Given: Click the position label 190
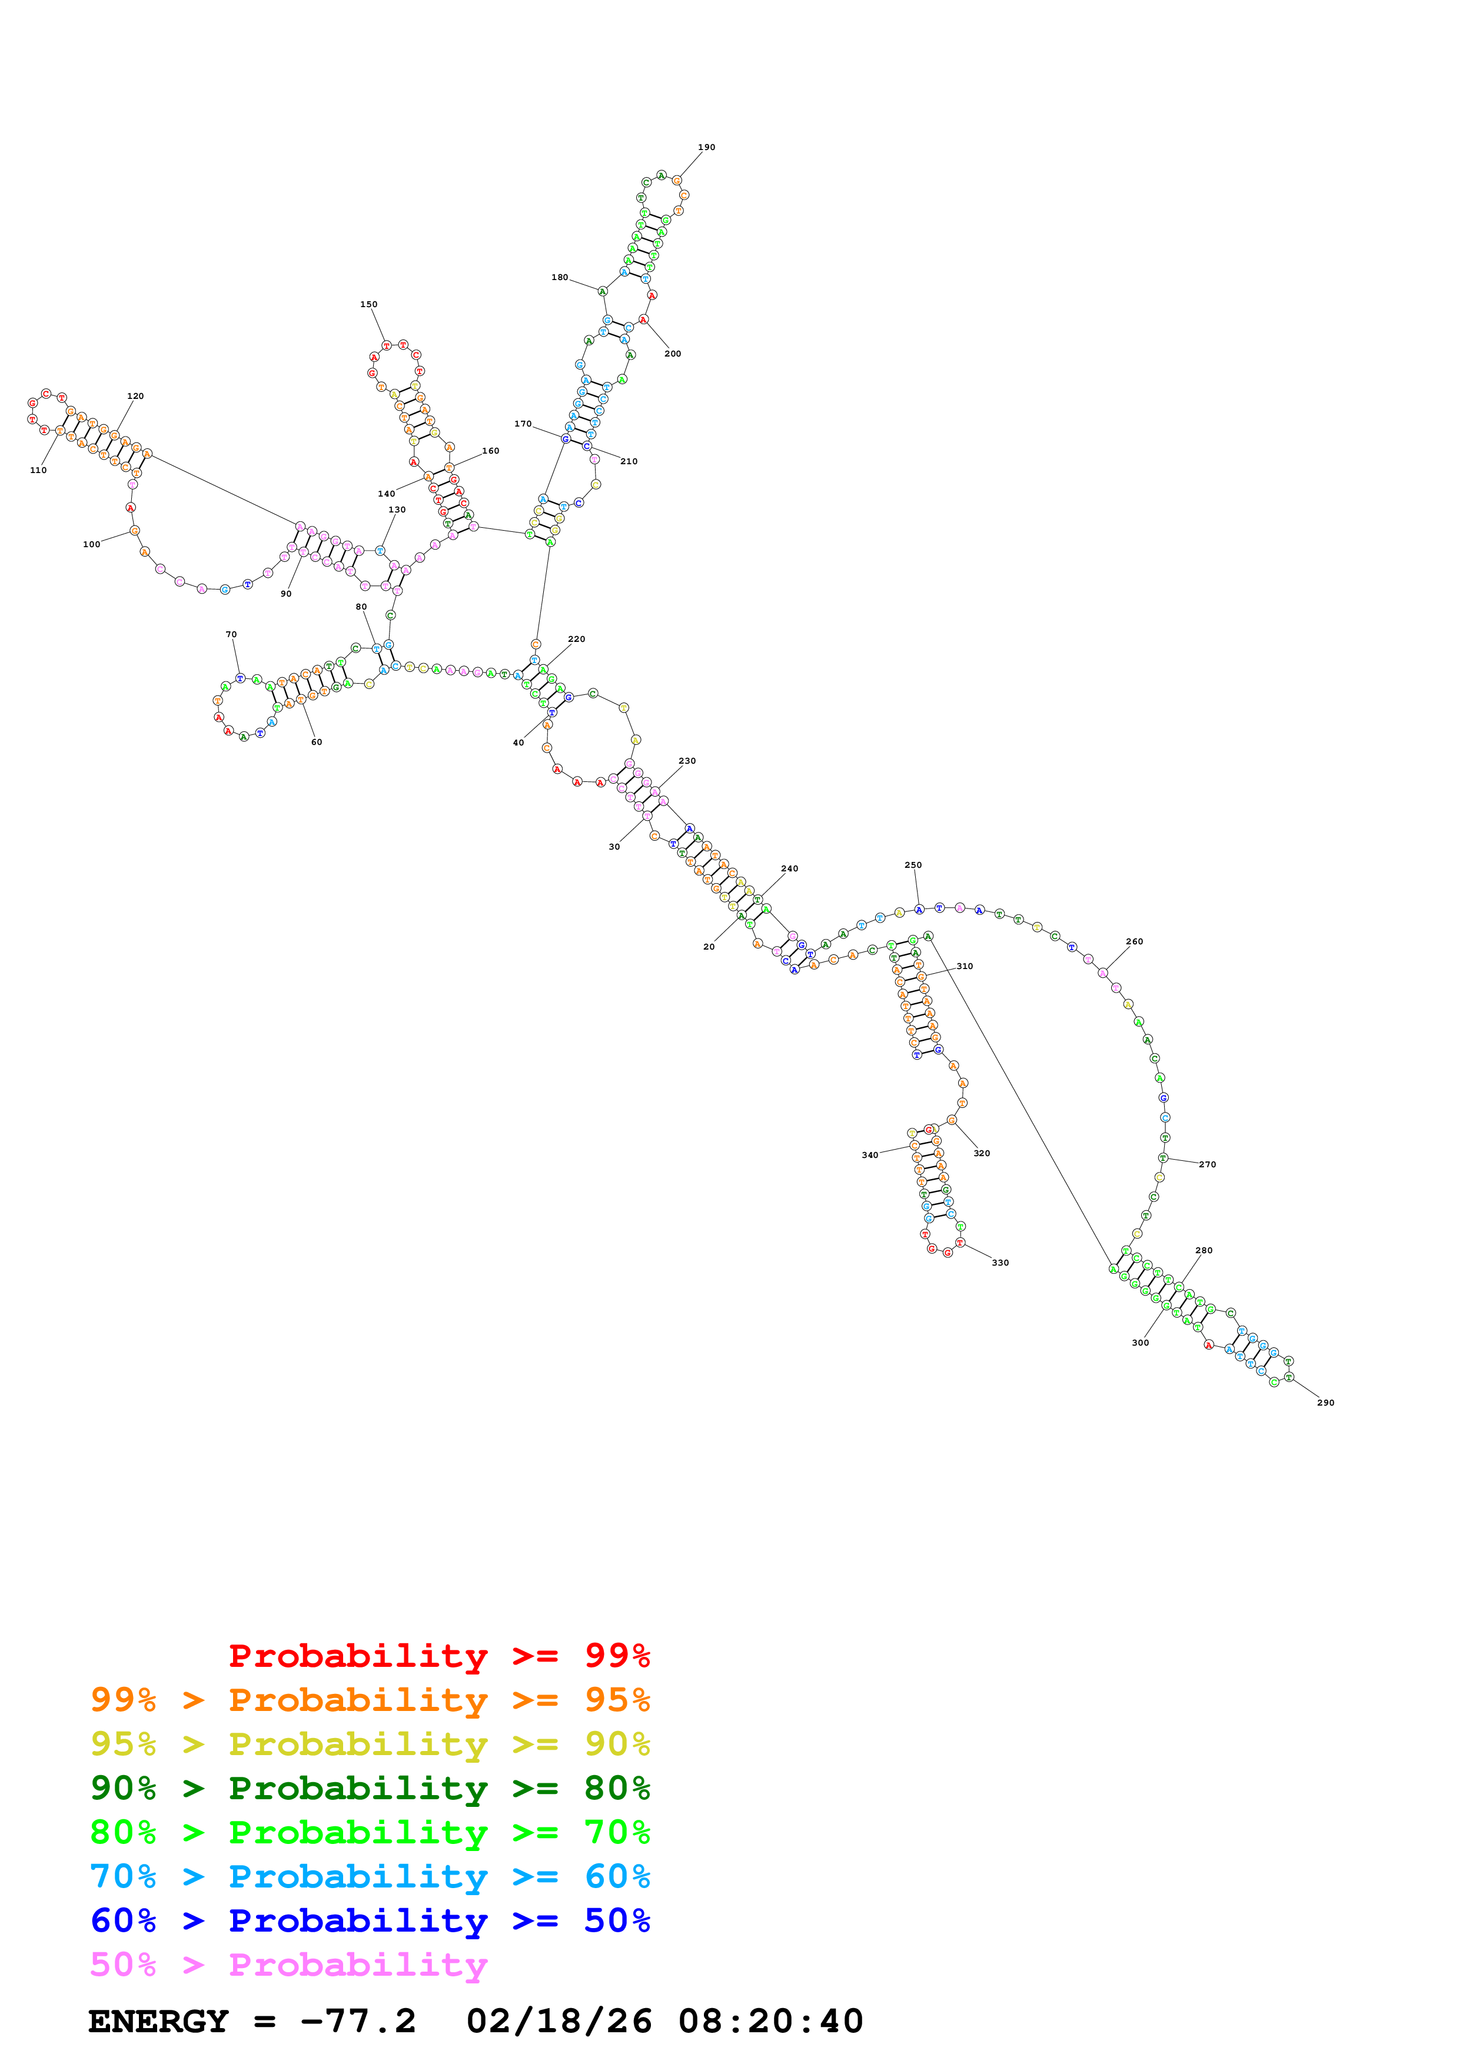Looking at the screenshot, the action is (x=707, y=148).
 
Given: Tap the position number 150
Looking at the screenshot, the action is (x=368, y=305).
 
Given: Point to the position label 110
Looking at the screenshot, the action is (x=39, y=470).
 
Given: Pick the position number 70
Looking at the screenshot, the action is (x=231, y=635).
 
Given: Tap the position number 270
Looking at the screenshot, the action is (x=1207, y=1164).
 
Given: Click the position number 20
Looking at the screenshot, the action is (x=709, y=947).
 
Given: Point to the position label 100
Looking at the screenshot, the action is (x=92, y=545).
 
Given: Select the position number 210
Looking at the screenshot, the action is (x=629, y=462).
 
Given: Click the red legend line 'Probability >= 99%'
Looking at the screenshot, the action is (x=438, y=1656).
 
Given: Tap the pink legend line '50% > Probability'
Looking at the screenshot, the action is (x=288, y=1965).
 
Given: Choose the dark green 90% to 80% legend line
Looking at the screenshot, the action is (x=370, y=1788).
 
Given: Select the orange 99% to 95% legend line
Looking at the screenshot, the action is (x=370, y=1700).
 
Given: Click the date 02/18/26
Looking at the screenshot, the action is (x=559, y=2022).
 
